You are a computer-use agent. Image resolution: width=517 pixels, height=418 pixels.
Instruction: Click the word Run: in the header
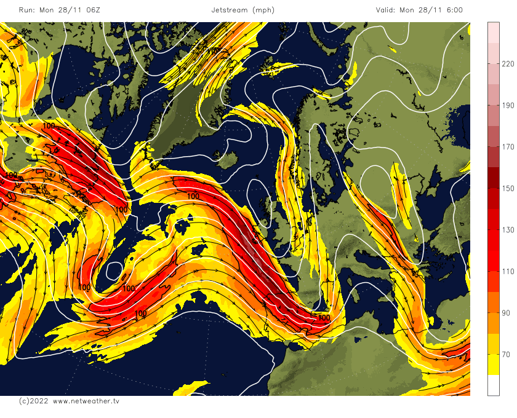(x=27, y=10)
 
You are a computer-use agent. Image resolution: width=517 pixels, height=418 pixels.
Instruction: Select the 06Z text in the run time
(x=90, y=10)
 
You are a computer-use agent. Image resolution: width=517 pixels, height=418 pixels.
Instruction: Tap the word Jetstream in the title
(x=229, y=10)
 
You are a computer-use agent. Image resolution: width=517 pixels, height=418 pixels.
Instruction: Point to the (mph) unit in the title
(x=263, y=10)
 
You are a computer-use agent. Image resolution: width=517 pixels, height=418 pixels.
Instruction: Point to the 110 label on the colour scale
(x=508, y=272)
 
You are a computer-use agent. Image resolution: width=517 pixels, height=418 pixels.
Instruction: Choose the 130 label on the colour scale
(x=508, y=230)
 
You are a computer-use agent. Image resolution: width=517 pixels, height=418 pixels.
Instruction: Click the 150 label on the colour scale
(x=508, y=188)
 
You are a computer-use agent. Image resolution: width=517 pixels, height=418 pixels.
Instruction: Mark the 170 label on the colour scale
(x=508, y=147)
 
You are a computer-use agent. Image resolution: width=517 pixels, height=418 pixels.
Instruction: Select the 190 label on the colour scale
(x=508, y=105)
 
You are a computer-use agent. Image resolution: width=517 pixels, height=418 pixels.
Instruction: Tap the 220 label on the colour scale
(x=508, y=64)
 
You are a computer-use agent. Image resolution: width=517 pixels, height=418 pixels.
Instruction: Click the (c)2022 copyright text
(x=33, y=401)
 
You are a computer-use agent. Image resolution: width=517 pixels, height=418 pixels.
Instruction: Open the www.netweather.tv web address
(x=86, y=401)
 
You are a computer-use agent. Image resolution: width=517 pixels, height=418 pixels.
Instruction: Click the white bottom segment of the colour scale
(x=493, y=385)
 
